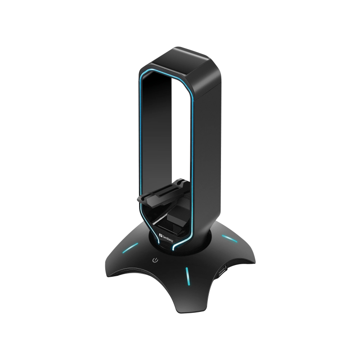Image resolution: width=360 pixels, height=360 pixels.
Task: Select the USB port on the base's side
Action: point(222,272)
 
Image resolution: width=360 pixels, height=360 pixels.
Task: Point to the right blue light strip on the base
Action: point(227,239)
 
